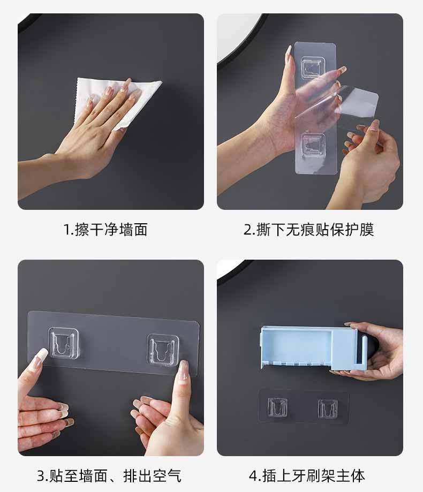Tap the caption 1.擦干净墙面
click(105, 229)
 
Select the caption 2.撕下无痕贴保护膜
click(309, 229)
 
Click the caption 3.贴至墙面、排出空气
click(109, 476)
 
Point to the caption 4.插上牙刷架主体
click(307, 476)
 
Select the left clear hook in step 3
click(63, 343)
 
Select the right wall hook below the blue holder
click(328, 408)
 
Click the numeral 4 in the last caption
click(253, 476)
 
